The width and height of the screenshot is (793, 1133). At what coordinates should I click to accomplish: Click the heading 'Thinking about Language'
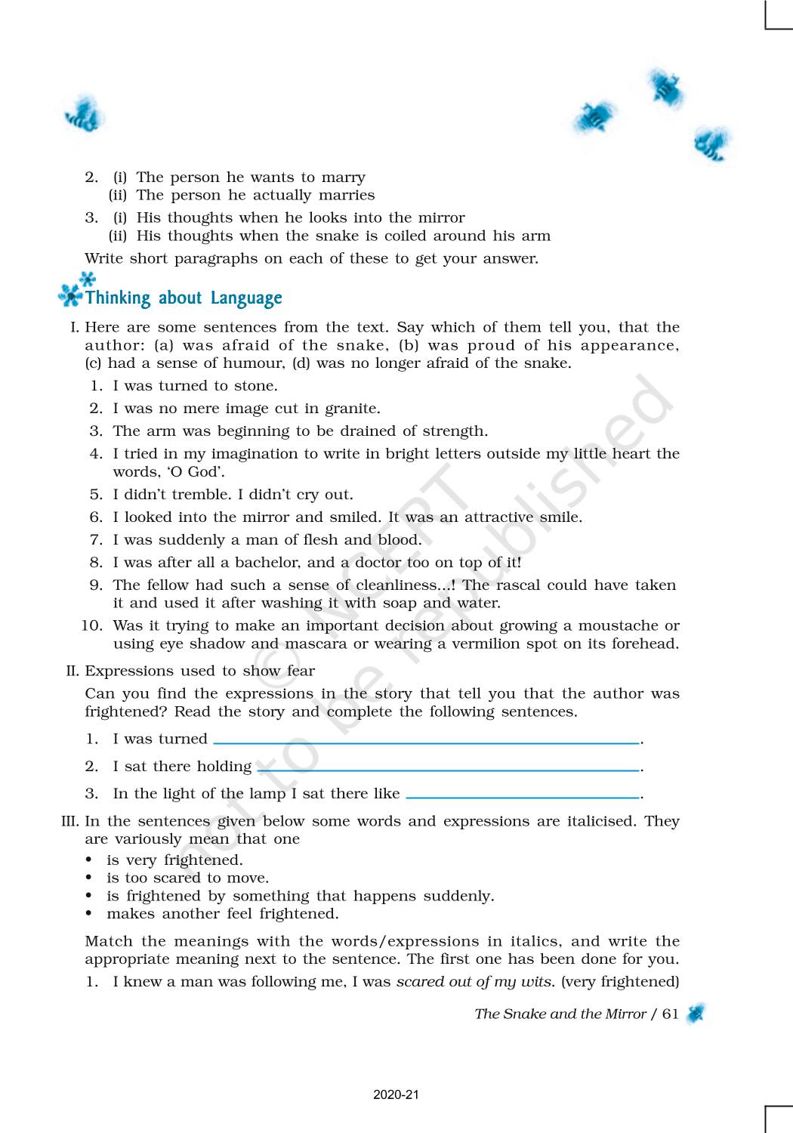click(x=184, y=298)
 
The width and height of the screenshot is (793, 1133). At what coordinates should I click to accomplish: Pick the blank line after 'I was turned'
click(x=427, y=743)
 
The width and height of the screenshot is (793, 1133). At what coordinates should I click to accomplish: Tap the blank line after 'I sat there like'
click(x=523, y=798)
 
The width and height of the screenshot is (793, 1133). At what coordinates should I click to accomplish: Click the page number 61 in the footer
click(x=671, y=1014)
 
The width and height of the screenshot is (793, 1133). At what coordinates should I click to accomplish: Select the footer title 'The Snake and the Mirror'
click(x=560, y=1014)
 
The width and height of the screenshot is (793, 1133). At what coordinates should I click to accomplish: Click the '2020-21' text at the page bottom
click(x=396, y=1095)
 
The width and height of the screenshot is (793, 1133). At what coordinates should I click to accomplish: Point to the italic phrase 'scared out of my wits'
click(x=475, y=982)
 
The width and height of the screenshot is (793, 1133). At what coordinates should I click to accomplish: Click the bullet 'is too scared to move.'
click(x=187, y=878)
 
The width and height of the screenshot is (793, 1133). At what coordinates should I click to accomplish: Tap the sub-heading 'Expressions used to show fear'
click(x=199, y=671)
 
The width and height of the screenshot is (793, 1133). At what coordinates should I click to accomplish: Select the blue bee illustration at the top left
click(x=83, y=117)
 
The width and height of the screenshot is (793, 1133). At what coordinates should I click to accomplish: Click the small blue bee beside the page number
click(x=696, y=1014)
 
